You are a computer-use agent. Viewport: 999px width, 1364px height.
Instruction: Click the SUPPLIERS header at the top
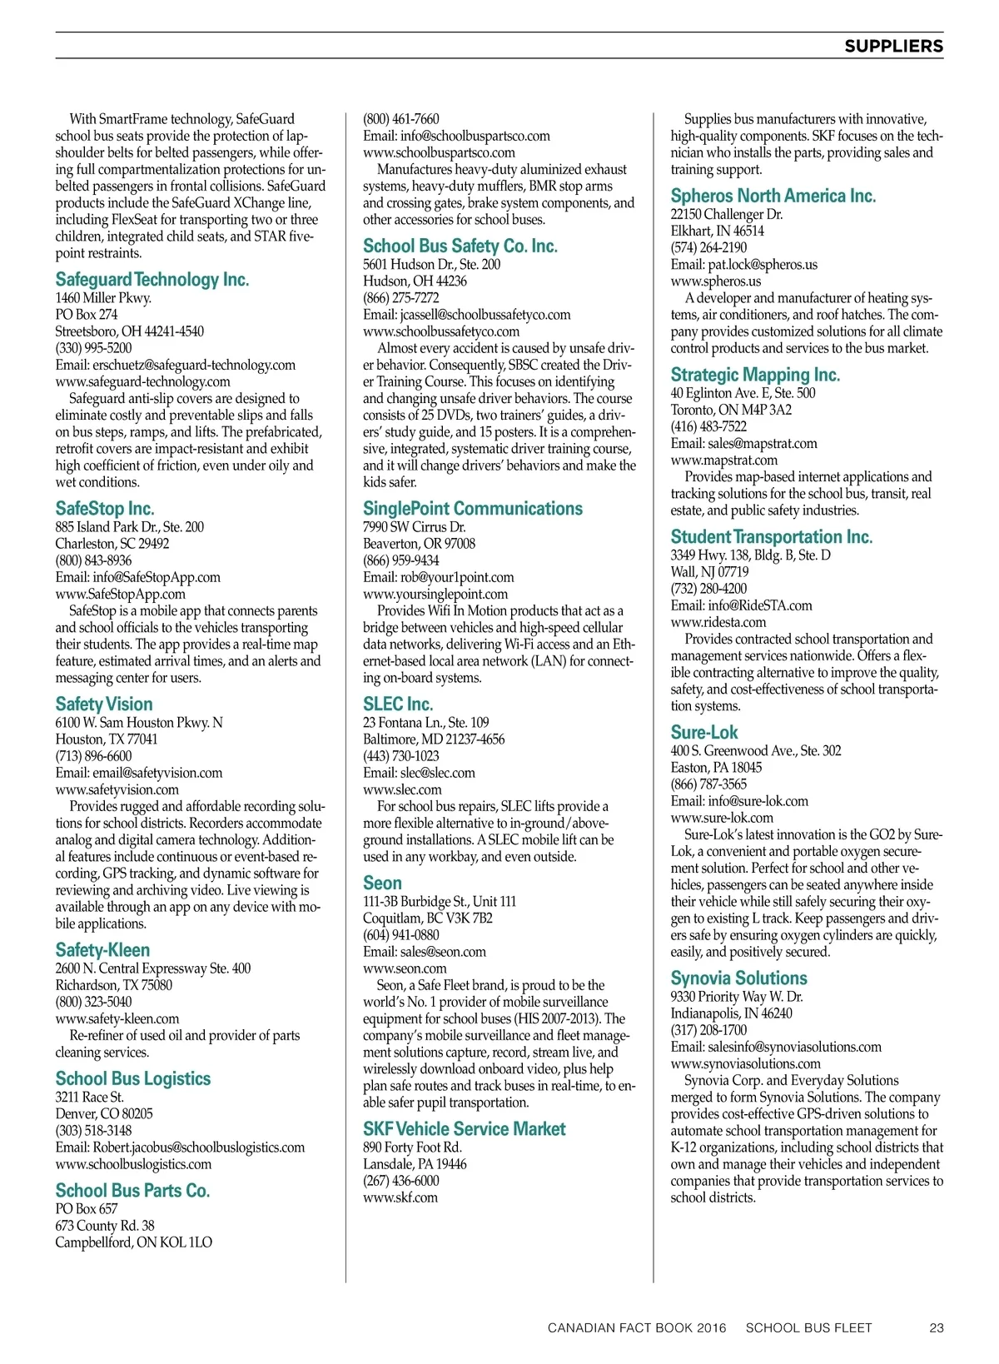point(893,47)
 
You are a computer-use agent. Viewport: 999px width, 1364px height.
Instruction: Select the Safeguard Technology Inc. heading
point(152,280)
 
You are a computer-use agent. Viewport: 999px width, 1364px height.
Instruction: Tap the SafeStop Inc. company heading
point(105,509)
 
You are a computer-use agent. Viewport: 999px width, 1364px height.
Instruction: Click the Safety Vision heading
point(104,704)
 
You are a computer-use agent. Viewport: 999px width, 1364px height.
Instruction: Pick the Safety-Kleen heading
point(103,950)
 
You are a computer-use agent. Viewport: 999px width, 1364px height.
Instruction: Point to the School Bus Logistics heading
point(133,1079)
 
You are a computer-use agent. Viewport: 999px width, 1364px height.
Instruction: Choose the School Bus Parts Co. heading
point(132,1191)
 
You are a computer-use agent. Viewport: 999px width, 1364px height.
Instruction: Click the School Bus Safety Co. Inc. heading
point(460,246)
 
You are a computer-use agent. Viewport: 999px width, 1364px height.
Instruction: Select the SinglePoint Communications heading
point(473,509)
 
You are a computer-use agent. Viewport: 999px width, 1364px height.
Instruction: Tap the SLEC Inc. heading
point(398,704)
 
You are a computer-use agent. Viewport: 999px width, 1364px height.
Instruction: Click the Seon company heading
point(382,884)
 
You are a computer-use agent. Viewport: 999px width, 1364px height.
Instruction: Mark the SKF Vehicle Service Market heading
point(464,1129)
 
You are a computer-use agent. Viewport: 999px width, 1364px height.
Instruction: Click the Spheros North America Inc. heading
point(773,197)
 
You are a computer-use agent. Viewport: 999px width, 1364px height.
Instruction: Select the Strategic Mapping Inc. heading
point(755,376)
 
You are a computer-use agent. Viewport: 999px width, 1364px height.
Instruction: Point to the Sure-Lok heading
point(704,733)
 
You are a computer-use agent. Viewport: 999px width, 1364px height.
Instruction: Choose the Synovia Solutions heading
point(739,978)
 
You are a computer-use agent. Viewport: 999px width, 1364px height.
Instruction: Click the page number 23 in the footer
point(937,1328)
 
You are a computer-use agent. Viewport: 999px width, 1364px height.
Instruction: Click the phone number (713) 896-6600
point(94,756)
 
